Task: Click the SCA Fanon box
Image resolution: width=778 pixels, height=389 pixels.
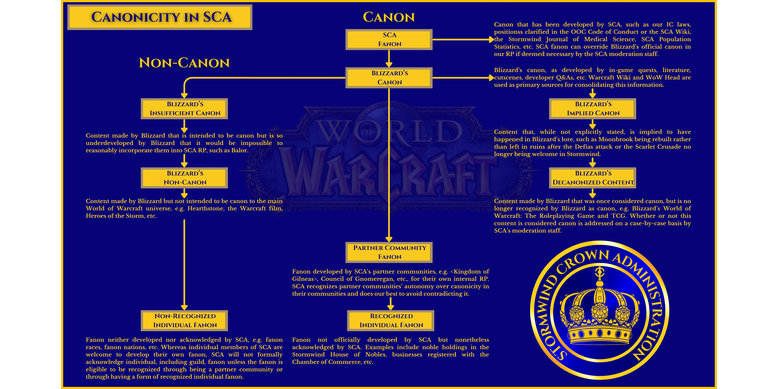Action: click(389, 40)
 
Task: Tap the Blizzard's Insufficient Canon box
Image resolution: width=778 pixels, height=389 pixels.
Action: click(184, 109)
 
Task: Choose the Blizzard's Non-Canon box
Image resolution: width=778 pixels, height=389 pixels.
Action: click(184, 178)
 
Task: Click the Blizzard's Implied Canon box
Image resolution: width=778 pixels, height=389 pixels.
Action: click(593, 109)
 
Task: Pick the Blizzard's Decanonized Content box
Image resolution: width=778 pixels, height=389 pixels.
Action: click(593, 178)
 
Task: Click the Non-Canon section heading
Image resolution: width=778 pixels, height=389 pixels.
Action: click(184, 63)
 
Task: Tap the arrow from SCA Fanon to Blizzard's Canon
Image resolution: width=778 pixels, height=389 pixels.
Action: click(389, 59)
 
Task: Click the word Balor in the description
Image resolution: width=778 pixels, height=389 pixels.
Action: click(239, 150)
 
